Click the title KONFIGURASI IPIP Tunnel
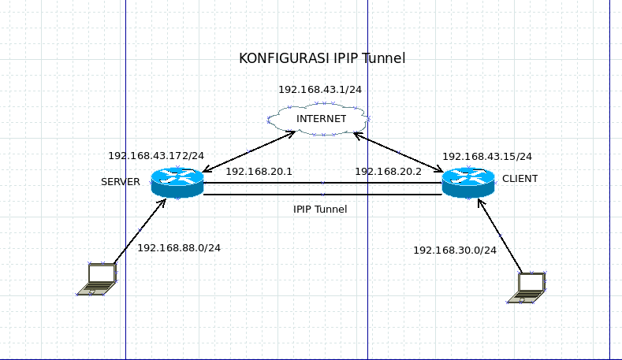[x=322, y=58]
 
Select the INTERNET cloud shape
[x=319, y=119]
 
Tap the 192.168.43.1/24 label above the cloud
[x=319, y=89]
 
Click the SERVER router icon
[x=177, y=183]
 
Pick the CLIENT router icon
[x=467, y=183]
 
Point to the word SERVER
[x=121, y=182]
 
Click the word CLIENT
[x=520, y=179]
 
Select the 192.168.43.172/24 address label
[x=156, y=156]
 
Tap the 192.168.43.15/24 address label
[x=486, y=157]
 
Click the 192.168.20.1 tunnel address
[x=259, y=171]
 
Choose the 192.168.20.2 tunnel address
[x=388, y=171]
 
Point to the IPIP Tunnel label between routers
[x=320, y=210]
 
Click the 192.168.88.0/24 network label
[x=179, y=247]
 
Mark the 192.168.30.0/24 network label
[x=455, y=250]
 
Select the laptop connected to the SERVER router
[x=98, y=280]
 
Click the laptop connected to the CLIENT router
[x=527, y=288]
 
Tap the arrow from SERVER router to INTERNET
[x=249, y=151]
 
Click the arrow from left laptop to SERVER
[x=140, y=231]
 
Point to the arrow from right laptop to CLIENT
[x=500, y=235]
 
